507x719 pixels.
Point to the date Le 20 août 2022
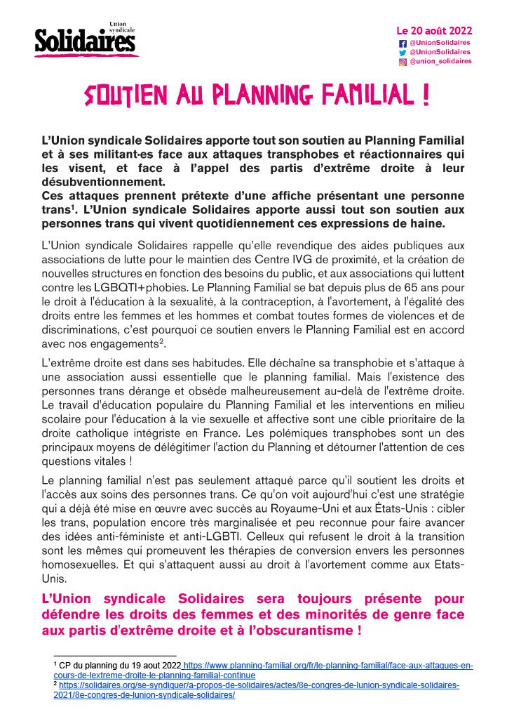[434, 31]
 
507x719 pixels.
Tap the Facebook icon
[402, 42]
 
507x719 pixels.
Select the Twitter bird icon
[402, 51]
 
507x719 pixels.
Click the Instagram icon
[402, 61]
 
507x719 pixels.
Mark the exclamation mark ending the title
[426, 95]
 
